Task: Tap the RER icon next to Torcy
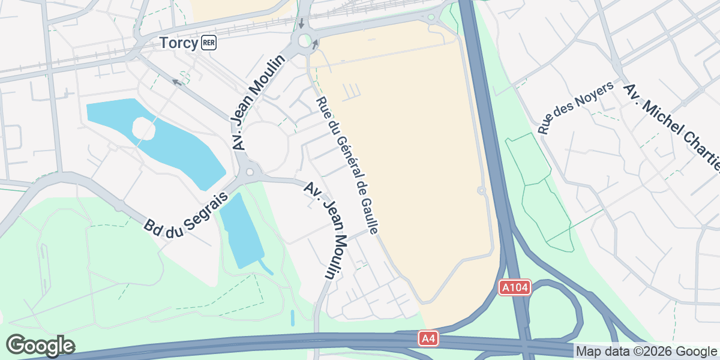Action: click(209, 43)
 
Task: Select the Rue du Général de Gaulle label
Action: click(348, 166)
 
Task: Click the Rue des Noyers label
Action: click(575, 108)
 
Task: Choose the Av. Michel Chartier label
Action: click(672, 126)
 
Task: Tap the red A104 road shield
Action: click(515, 288)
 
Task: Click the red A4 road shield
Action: click(428, 340)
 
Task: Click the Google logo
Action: click(40, 346)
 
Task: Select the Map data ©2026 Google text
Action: click(646, 351)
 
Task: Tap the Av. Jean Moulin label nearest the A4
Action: click(326, 230)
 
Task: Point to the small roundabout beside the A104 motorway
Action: click(481, 191)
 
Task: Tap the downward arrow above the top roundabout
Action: click(301, 24)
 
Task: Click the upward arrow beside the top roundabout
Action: click(314, 44)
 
